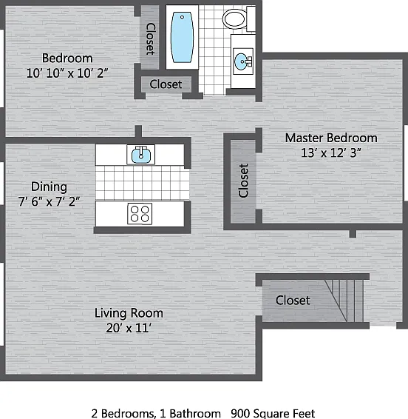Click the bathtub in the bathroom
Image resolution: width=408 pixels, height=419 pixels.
pyautogui.click(x=183, y=37)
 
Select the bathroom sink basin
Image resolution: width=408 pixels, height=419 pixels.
pyautogui.click(x=242, y=61)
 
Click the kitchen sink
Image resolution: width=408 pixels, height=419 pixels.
pyautogui.click(x=140, y=155)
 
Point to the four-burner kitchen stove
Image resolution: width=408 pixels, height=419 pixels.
pyautogui.click(x=140, y=214)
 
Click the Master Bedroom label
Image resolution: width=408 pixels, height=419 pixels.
pyautogui.click(x=331, y=138)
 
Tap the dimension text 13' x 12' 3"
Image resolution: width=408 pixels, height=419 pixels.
pyautogui.click(x=331, y=152)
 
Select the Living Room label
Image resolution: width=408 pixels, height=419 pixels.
pyautogui.click(x=129, y=313)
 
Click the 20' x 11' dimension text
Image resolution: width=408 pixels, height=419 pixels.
pyautogui.click(x=129, y=328)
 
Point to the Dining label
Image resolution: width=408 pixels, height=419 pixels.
pyautogui.click(x=49, y=187)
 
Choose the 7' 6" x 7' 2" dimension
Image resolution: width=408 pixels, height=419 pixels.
pyautogui.click(x=49, y=201)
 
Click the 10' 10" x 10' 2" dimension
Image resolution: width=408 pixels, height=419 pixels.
pyautogui.click(x=67, y=73)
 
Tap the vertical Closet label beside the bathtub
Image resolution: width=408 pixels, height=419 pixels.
pyautogui.click(x=150, y=39)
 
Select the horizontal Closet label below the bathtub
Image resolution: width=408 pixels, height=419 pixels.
pyautogui.click(x=166, y=84)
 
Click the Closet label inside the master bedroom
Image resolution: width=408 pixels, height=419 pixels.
pyautogui.click(x=243, y=181)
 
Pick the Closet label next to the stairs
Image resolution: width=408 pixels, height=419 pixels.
pyautogui.click(x=293, y=301)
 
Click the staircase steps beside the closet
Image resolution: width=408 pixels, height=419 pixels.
pyautogui.click(x=344, y=301)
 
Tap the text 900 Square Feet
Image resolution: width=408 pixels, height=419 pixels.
pyautogui.click(x=273, y=413)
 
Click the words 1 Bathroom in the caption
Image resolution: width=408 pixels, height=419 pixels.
pyautogui.click(x=190, y=413)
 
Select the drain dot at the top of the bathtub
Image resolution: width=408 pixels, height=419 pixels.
pyautogui.click(x=183, y=17)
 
